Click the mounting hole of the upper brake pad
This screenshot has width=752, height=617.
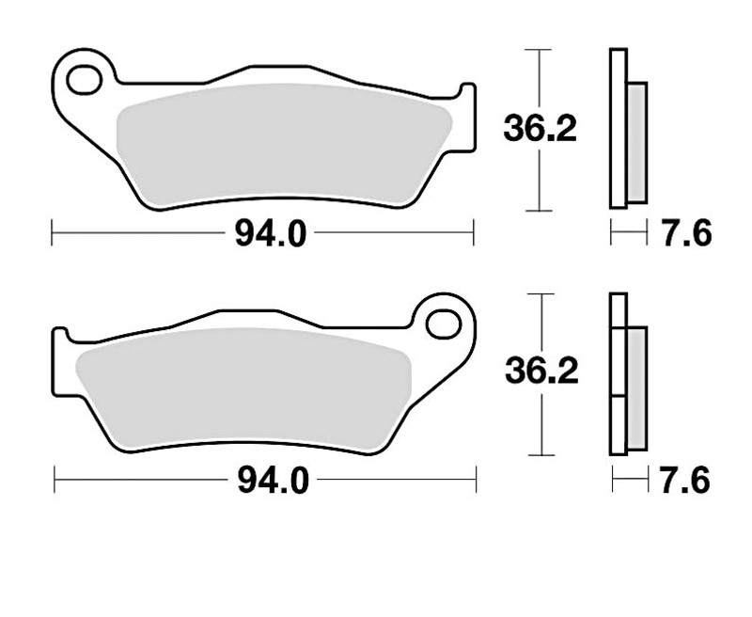pyautogui.click(x=85, y=80)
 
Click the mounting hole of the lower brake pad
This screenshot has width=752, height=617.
pyautogui.click(x=443, y=324)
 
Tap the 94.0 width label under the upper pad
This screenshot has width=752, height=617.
pyautogui.click(x=270, y=234)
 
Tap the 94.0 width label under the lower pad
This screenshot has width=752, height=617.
pyautogui.click(x=274, y=482)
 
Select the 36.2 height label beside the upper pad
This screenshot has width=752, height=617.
pyautogui.click(x=540, y=128)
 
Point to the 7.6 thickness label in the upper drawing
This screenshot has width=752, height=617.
pyautogui.click(x=687, y=234)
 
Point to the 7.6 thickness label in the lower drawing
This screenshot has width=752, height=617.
pyautogui.click(x=685, y=481)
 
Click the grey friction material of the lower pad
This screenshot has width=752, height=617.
pyautogui.click(x=243, y=388)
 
